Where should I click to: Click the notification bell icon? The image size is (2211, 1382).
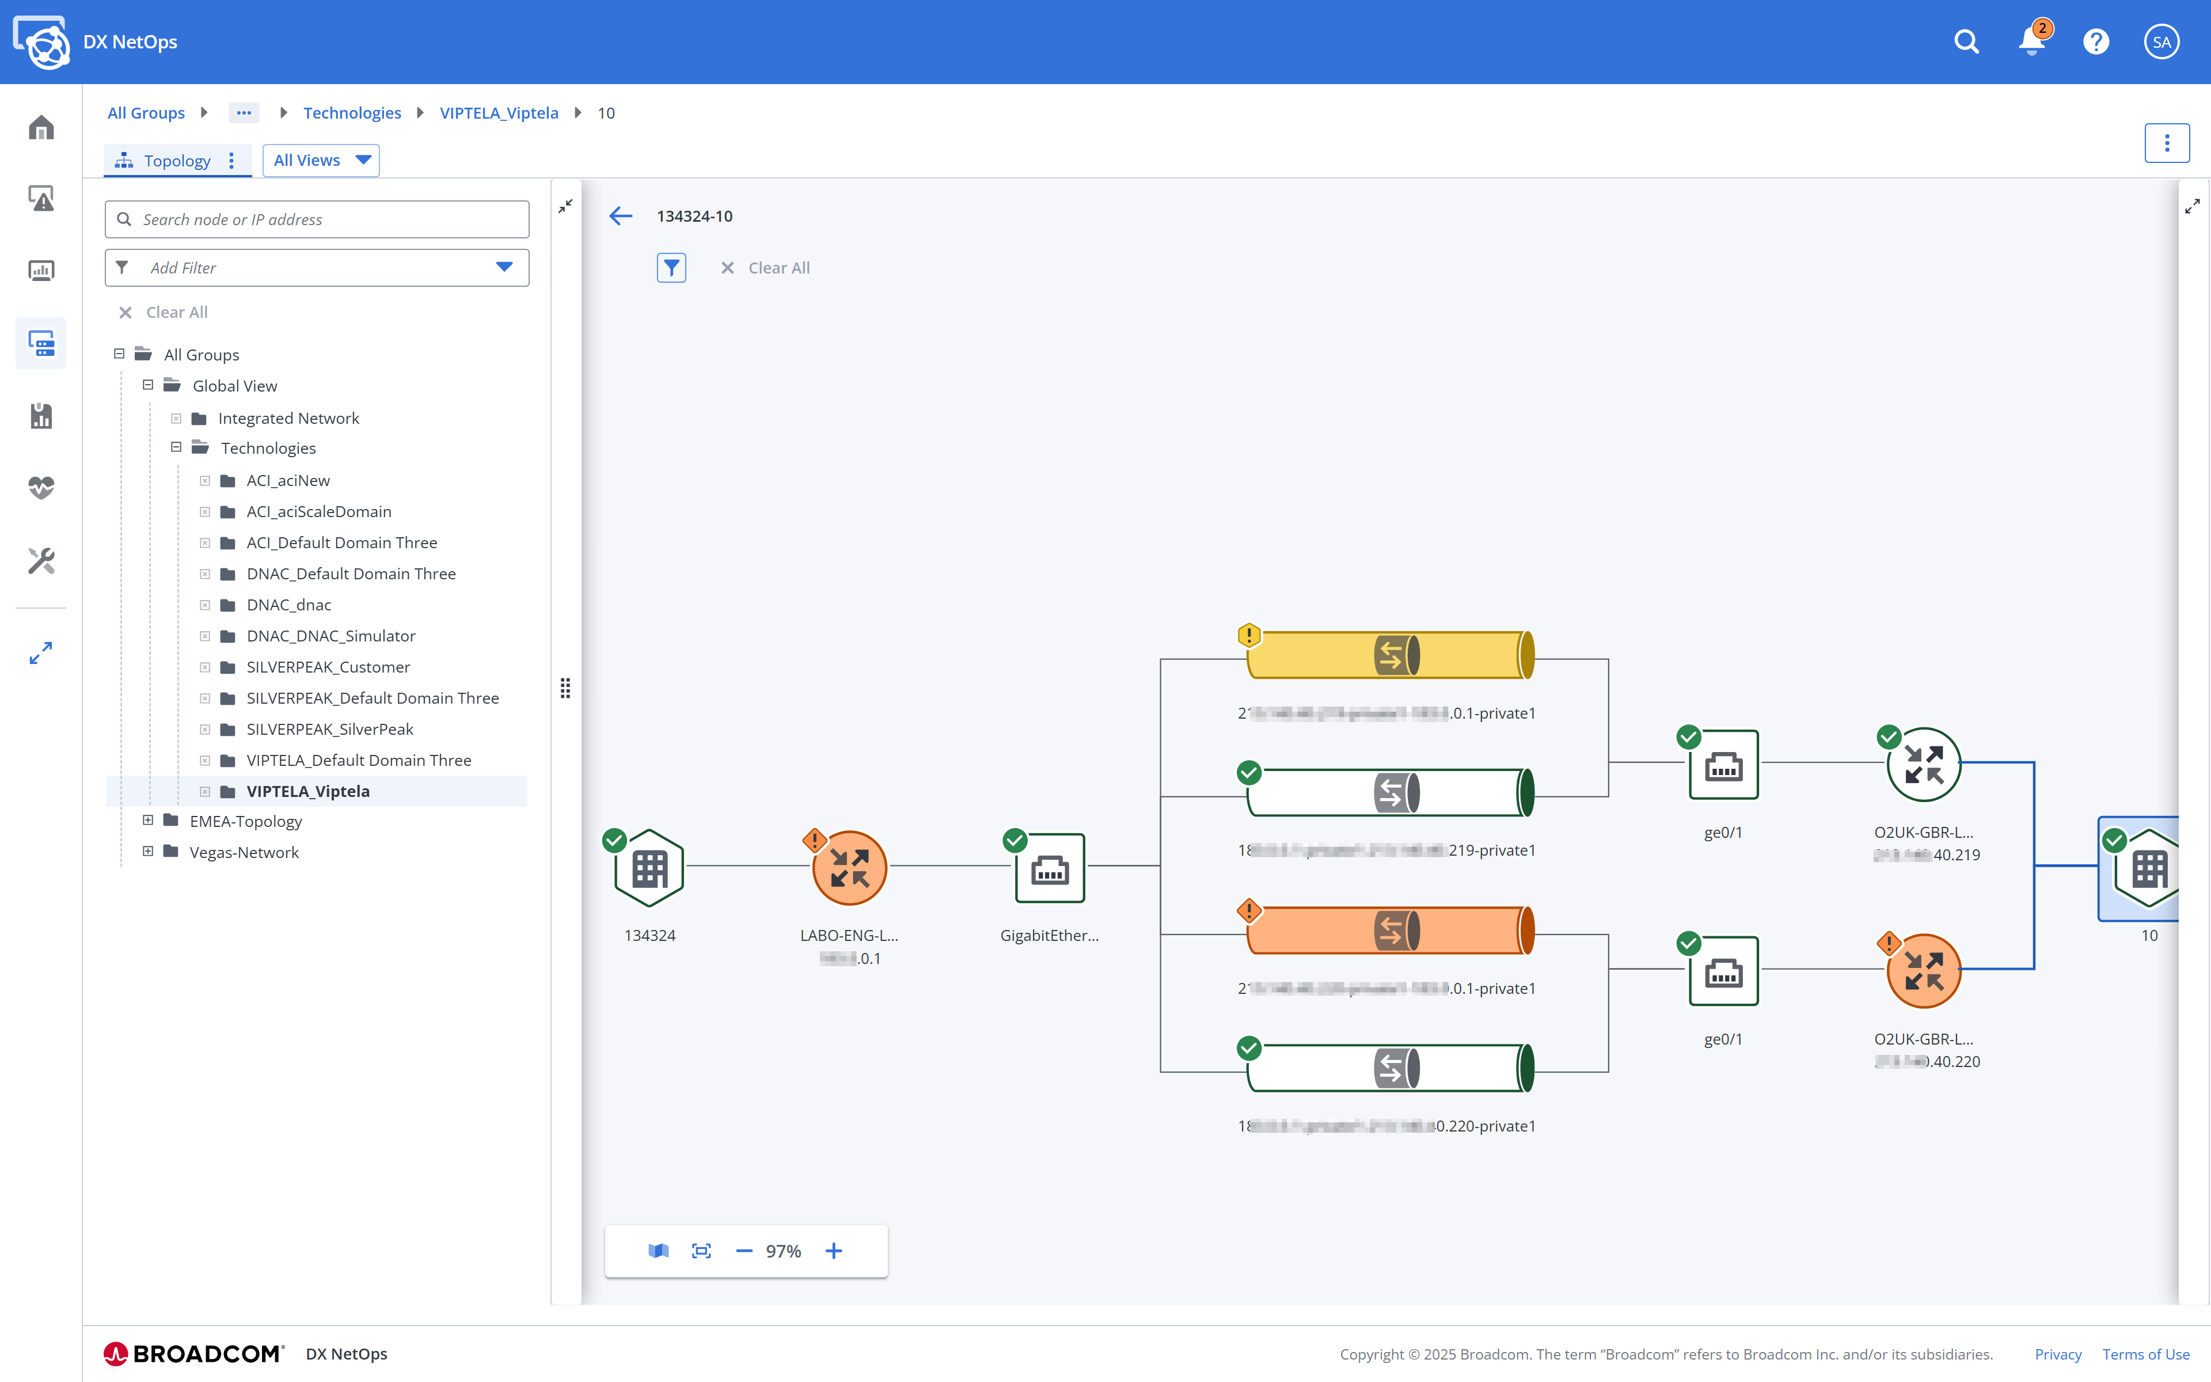[x=2031, y=42]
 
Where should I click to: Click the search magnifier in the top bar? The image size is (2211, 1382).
[x=1966, y=42]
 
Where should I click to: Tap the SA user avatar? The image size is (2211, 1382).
[x=2161, y=42]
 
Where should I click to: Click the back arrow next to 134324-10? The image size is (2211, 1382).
[x=620, y=216]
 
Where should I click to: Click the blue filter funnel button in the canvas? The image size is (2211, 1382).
[x=671, y=268]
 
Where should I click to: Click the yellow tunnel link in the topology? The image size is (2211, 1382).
[x=1389, y=655]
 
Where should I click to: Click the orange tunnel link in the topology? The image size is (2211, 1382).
[x=1389, y=931]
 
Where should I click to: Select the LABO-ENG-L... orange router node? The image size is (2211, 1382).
[x=849, y=867]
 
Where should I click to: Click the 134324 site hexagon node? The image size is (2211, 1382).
[x=649, y=867]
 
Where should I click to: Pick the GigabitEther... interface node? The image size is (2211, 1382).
[x=1050, y=867]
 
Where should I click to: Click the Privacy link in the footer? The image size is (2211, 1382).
[x=2057, y=1354]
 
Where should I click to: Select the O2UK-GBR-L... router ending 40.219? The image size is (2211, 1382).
[x=1923, y=764]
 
